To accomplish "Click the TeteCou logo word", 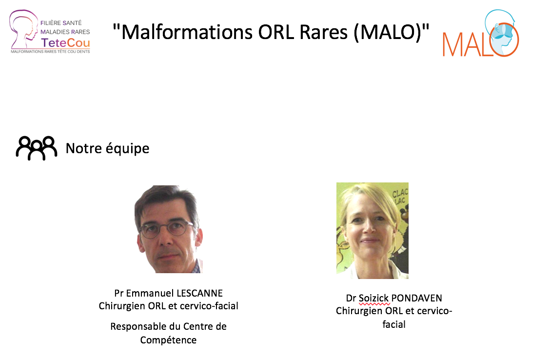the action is [65, 43].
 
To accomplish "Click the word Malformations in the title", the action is [187, 32].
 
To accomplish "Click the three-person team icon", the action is [37, 148].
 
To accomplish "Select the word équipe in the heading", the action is [127, 148].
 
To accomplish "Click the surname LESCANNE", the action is [199, 293].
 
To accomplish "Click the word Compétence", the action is [168, 340].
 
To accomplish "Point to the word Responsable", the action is [138, 326].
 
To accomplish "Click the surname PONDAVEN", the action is [416, 298].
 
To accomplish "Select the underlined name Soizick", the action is [373, 298].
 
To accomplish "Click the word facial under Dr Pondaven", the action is [394, 324].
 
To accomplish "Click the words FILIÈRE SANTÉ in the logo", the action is [61, 23].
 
